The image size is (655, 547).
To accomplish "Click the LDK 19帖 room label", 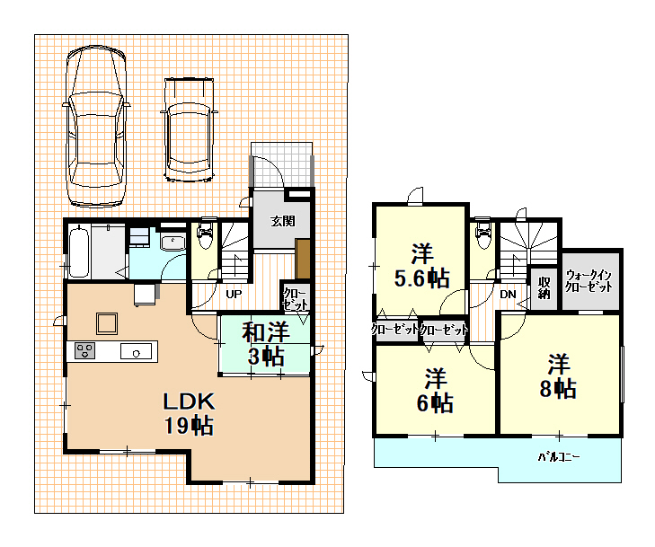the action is click(189, 413).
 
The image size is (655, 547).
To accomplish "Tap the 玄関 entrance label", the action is click(283, 221).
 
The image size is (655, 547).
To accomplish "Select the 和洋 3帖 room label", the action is click(266, 344).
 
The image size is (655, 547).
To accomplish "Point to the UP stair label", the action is click(234, 294).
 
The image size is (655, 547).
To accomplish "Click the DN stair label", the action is click(508, 295).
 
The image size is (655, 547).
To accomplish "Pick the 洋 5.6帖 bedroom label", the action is click(422, 266).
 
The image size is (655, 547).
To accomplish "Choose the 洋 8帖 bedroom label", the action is click(558, 376).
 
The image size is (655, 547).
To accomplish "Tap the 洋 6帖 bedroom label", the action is click(435, 390).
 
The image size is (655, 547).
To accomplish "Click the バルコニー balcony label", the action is click(559, 457).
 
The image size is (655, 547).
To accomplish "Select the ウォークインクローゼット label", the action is click(589, 281).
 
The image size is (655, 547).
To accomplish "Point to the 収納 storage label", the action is click(544, 287).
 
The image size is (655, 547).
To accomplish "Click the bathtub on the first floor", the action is click(78, 251).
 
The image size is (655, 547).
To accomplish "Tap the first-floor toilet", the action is click(205, 233).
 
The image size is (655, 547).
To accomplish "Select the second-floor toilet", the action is click(482, 233).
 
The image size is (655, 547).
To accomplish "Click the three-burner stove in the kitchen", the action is click(84, 350).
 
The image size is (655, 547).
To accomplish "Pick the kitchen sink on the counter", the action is click(137, 351).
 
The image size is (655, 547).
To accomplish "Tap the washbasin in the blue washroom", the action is click(173, 243).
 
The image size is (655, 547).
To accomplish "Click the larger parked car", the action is click(96, 127).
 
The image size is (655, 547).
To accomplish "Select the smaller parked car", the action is click(189, 130).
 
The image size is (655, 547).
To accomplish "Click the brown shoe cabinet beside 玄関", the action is click(303, 259).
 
